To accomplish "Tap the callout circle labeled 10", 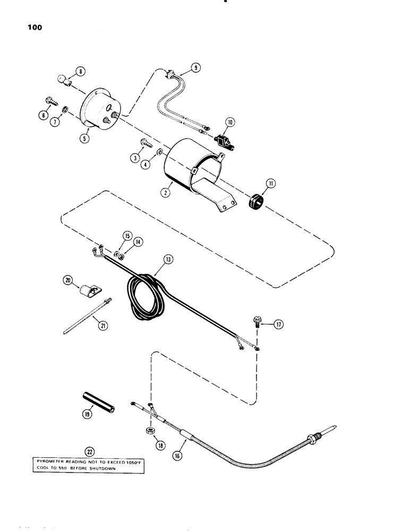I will point(230,136).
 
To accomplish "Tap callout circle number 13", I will point(168,259).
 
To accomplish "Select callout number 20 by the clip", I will point(69,281).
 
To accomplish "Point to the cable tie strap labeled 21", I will point(85,319).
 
